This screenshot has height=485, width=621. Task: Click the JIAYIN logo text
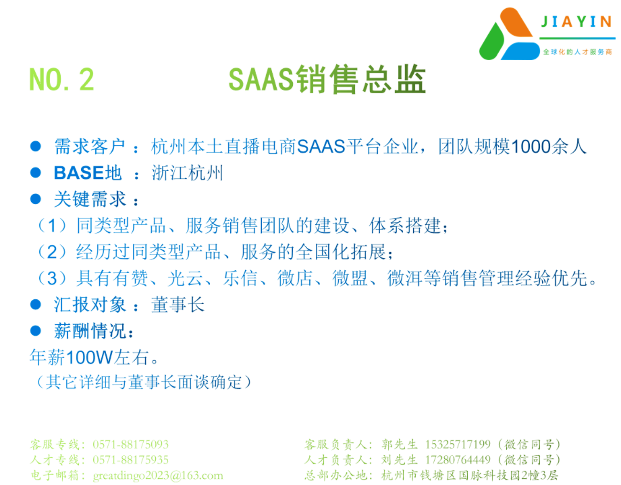click(x=576, y=22)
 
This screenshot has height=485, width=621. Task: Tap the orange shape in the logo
click(x=515, y=22)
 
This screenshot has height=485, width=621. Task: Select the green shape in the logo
click(x=492, y=42)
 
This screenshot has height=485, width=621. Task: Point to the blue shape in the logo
click(x=521, y=51)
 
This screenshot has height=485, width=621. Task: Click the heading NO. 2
click(x=62, y=79)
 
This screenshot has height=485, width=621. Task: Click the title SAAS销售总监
click(x=327, y=79)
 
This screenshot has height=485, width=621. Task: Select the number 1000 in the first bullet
click(x=531, y=146)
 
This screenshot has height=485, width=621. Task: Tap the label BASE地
click(x=88, y=173)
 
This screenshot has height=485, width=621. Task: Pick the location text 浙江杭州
click(x=187, y=173)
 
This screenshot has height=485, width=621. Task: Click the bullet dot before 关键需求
click(x=35, y=199)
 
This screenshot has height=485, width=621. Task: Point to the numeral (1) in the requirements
click(x=52, y=225)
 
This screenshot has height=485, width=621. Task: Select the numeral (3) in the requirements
click(x=52, y=278)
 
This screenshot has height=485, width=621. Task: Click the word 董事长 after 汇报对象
click(x=178, y=305)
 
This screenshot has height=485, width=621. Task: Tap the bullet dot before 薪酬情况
click(x=35, y=331)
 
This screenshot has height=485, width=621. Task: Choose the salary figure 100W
click(x=89, y=357)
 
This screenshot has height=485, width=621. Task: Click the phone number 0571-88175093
click(x=130, y=444)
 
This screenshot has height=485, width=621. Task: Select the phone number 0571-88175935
click(x=130, y=460)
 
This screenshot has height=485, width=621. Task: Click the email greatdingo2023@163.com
click(x=158, y=475)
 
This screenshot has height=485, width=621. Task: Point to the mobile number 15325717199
click(x=458, y=444)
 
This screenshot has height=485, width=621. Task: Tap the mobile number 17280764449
click(x=458, y=460)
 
